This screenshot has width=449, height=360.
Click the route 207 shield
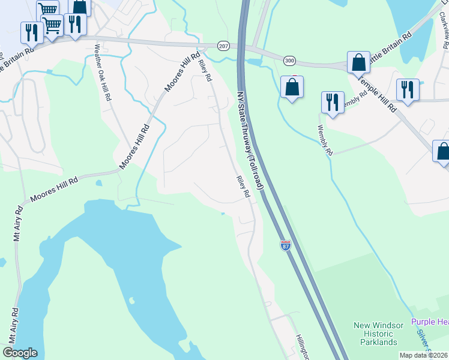point(223,46)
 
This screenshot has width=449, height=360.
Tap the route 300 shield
point(290,61)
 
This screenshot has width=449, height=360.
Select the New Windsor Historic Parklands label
point(375,334)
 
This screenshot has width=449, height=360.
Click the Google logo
point(20,353)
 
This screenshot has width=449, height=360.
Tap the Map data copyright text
point(424,355)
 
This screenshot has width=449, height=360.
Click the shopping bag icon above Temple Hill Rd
point(358,62)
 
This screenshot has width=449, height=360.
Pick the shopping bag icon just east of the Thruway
point(292,87)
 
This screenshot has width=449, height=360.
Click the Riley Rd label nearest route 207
point(205,70)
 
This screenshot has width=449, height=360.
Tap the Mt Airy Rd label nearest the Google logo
point(14,325)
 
